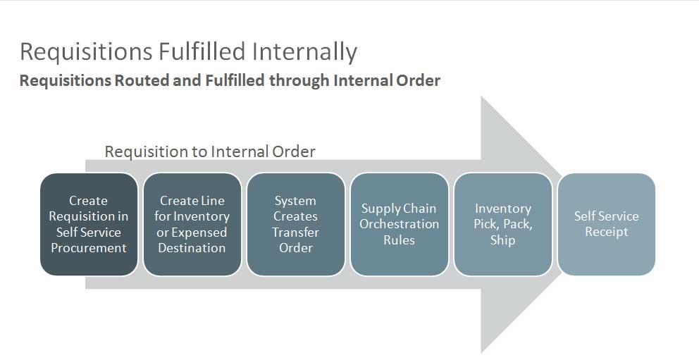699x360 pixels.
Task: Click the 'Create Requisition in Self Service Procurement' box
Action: [x=89, y=224]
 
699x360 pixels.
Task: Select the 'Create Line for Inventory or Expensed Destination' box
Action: [x=192, y=224]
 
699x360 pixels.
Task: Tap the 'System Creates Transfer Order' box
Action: [x=296, y=224]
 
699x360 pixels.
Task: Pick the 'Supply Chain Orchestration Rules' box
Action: [x=399, y=224]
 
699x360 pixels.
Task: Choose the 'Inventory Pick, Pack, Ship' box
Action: [x=502, y=224]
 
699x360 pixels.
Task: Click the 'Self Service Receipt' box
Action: [x=606, y=224]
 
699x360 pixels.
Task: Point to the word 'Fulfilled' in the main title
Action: [x=200, y=51]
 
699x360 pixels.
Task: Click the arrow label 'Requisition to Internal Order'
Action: [x=210, y=151]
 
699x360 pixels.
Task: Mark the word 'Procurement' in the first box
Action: [x=89, y=248]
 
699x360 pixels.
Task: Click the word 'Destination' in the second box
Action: [x=192, y=248]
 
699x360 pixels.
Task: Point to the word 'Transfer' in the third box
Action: [x=296, y=232]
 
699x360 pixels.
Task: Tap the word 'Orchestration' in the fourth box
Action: [x=399, y=224]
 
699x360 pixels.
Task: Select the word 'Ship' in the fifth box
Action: [x=502, y=240]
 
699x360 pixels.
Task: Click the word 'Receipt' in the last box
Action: [x=606, y=232]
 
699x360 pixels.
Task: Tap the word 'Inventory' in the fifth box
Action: [x=502, y=209]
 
